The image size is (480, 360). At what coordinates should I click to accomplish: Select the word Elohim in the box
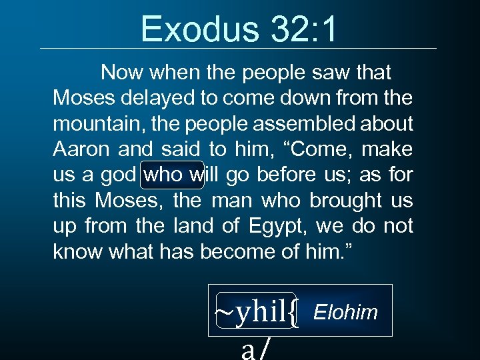[x=345, y=312]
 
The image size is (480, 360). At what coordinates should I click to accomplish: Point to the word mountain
[x=87, y=124]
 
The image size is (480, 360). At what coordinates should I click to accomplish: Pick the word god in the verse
[x=121, y=175]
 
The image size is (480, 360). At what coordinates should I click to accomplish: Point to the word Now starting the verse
[x=122, y=72]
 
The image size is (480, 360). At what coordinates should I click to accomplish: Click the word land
[x=197, y=227]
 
